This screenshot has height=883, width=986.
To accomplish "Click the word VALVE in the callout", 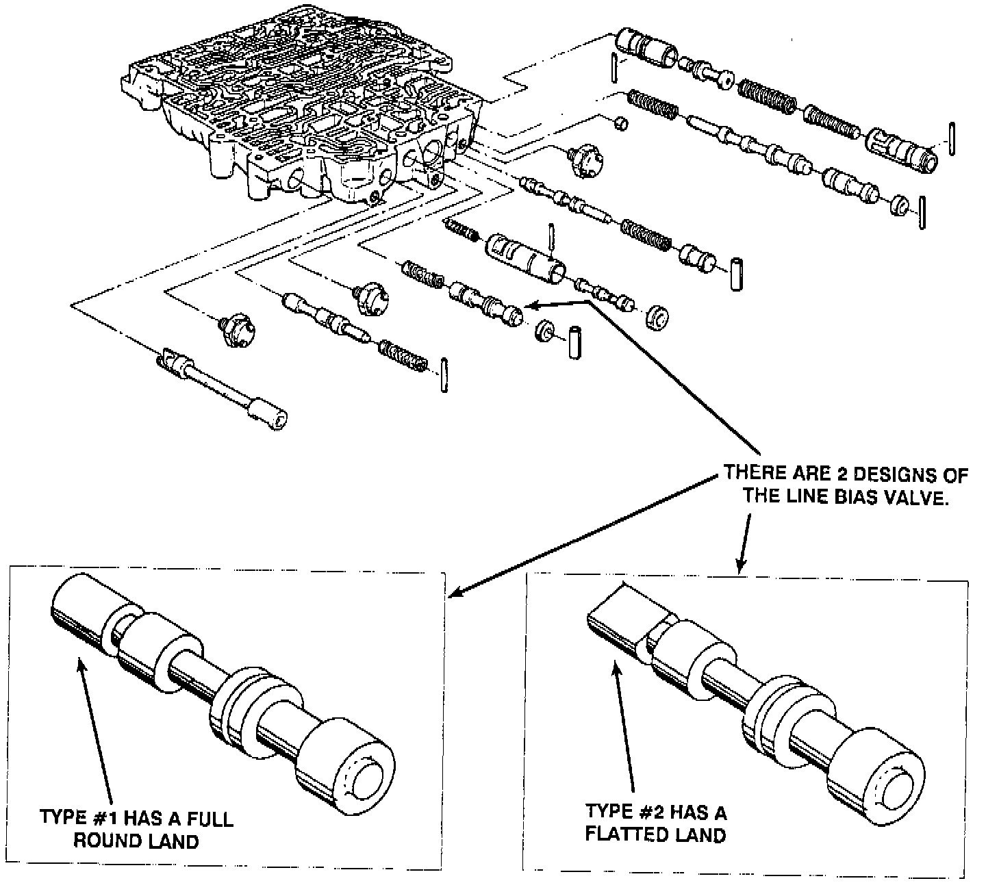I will tap(915, 496).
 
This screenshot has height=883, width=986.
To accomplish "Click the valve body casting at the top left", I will tap(301, 110).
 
